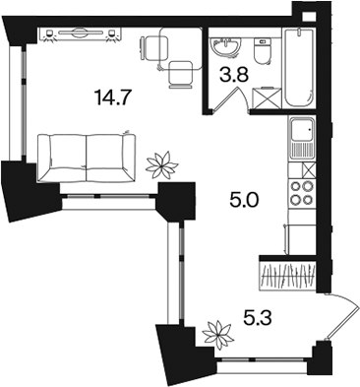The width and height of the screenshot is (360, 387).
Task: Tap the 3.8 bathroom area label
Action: pos(234,75)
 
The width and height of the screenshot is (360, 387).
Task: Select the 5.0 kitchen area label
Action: pos(245,200)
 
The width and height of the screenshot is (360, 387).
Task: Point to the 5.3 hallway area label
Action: pos(258,317)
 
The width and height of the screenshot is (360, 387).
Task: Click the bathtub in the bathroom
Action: pos(299,67)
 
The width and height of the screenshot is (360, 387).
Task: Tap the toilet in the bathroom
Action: pos(263,50)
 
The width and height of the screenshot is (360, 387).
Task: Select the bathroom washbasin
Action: pos(226,47)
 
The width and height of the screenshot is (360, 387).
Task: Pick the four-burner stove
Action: pos(303,193)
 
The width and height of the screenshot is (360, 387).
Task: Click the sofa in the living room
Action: pos(87,158)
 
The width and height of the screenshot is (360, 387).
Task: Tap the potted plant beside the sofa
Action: pos(162,165)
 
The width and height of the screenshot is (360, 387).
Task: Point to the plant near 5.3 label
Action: pos(218,334)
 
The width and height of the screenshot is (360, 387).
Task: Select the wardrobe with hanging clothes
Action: pos(287,274)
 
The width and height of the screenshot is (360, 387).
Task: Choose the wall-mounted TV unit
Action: pos(80,34)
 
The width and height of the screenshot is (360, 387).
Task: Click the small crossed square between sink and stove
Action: pos(309,169)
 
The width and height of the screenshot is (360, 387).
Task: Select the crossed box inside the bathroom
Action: pos(267,97)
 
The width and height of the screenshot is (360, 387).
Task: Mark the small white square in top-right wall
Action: pos(308,17)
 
